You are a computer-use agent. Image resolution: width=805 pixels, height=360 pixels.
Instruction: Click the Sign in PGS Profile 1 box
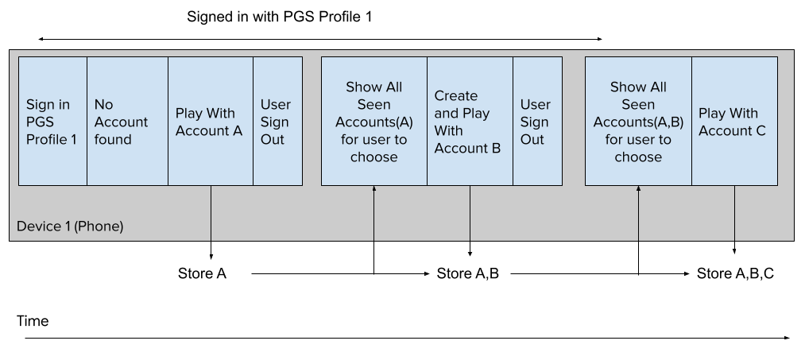click(52, 121)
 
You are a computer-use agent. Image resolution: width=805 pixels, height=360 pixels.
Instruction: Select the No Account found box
click(127, 121)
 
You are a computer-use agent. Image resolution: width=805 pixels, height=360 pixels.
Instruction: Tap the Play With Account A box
click(210, 121)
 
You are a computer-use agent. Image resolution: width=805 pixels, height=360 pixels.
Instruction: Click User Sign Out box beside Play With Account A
click(277, 121)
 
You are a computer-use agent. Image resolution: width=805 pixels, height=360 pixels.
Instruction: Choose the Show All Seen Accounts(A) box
click(373, 121)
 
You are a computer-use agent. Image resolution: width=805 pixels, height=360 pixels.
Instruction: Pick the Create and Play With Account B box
click(470, 121)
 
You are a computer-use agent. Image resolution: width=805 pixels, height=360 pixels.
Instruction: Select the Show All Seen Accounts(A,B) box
click(638, 121)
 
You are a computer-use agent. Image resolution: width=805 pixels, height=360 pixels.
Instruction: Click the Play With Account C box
click(734, 121)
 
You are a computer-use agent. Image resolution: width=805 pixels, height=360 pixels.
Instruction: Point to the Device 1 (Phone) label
click(70, 226)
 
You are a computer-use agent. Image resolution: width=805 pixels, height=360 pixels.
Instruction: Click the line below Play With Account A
click(211, 213)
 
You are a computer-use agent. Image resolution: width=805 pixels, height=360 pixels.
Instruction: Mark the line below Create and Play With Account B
click(470, 213)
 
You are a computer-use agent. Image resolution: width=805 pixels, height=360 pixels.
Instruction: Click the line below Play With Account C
click(734, 213)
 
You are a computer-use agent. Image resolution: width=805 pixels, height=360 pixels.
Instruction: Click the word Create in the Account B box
click(456, 96)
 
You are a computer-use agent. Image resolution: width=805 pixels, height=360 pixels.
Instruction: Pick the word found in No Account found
click(113, 139)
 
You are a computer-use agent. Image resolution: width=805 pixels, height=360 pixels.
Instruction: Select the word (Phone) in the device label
click(99, 226)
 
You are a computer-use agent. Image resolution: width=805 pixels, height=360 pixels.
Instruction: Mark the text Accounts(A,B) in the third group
click(638, 122)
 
